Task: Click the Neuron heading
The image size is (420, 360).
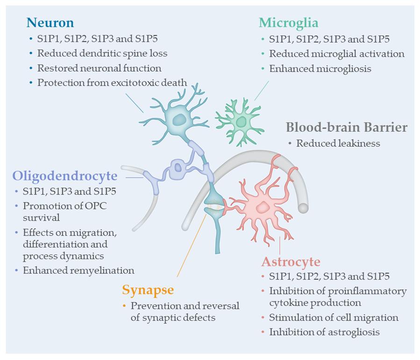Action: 50,22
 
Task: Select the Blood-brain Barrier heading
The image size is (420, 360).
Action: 346,128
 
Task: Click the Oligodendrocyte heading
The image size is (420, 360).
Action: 64,176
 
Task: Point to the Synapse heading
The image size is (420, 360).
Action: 148,290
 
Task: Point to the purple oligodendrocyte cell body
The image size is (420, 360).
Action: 178,167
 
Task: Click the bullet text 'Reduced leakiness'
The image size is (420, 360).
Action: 338,144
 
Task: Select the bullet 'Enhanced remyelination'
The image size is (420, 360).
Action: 79,270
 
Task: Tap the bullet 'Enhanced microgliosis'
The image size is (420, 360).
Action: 320,68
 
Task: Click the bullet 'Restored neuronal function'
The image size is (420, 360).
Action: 99,68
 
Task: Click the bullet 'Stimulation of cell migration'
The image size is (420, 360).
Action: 334,318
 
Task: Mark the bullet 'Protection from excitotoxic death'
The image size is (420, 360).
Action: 112,83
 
